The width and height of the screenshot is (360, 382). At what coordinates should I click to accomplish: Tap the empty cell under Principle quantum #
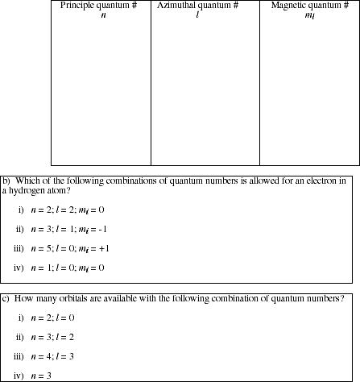click(x=101, y=89)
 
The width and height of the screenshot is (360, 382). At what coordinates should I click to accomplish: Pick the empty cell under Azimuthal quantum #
click(x=205, y=89)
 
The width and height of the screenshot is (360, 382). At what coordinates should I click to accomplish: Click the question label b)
click(x=6, y=181)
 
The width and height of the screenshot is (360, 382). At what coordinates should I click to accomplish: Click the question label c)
click(x=6, y=299)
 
